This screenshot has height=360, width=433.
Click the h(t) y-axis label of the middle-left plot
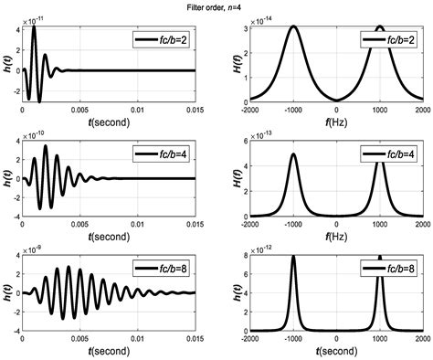click(x=8, y=179)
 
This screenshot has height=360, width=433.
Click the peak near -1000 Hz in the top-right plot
click(x=293, y=26)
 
